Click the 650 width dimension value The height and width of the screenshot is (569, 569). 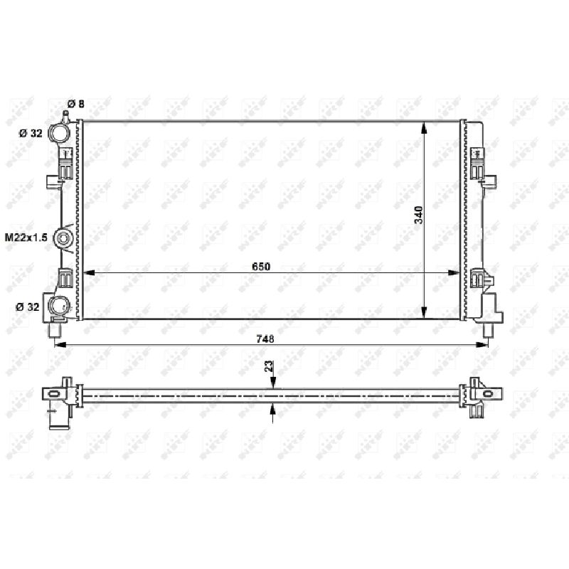click(x=261, y=266)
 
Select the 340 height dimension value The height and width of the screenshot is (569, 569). click(x=418, y=215)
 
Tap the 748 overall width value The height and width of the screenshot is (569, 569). click(x=265, y=339)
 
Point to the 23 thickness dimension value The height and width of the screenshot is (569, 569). click(x=269, y=366)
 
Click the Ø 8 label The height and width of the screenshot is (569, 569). click(x=76, y=104)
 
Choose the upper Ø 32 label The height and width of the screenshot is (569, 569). click(x=31, y=133)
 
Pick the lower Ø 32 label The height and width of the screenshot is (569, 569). click(x=27, y=307)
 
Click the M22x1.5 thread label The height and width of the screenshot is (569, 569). click(x=26, y=238)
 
